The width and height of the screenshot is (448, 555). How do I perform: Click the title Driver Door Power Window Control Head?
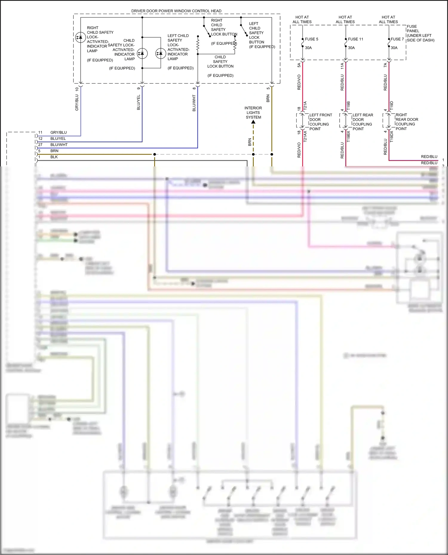click(x=176, y=11)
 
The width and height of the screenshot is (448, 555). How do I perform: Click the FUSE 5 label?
click(x=311, y=39)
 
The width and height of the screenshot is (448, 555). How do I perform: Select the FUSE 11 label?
click(x=355, y=39)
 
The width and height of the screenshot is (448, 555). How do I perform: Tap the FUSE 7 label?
click(x=397, y=39)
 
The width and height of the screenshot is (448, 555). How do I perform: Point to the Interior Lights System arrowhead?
click(x=253, y=122)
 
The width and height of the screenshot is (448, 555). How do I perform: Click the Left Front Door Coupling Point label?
click(x=320, y=122)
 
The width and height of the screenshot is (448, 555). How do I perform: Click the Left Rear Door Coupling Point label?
click(x=363, y=122)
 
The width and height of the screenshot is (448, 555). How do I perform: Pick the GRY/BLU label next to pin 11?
click(x=59, y=132)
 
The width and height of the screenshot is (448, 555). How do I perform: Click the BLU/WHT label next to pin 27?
click(x=59, y=145)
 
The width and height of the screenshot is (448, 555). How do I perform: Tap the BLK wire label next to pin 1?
click(x=54, y=157)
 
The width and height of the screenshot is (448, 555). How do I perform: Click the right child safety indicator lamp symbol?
click(x=80, y=37)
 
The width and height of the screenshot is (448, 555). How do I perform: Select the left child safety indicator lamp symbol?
click(x=161, y=54)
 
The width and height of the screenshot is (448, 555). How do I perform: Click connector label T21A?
click(x=305, y=106)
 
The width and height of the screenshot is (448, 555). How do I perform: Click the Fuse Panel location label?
click(x=420, y=33)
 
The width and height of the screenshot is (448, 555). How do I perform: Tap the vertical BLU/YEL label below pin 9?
click(x=139, y=102)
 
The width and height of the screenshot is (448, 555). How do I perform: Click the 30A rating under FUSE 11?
click(x=351, y=48)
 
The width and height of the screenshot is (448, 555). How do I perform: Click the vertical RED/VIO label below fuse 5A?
click(x=299, y=82)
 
